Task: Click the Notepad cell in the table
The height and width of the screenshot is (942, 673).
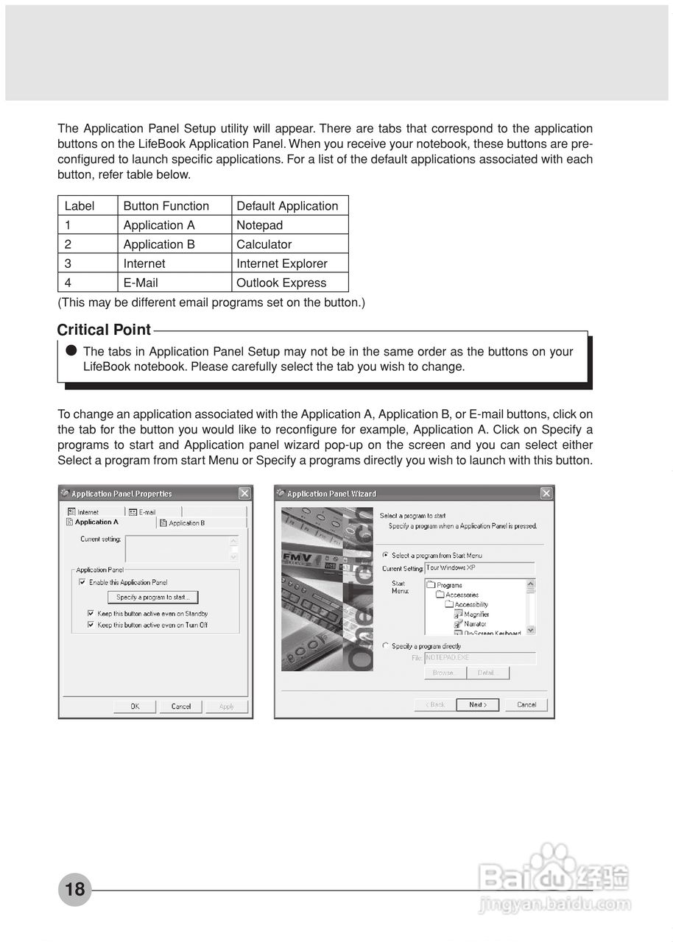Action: click(259, 225)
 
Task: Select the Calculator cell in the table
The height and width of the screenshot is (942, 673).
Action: click(264, 244)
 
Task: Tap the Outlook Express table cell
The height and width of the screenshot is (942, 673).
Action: click(281, 283)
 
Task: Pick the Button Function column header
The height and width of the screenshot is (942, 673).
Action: click(166, 206)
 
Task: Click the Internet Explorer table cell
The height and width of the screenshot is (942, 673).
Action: click(281, 263)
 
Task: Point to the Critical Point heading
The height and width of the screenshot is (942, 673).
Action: click(104, 330)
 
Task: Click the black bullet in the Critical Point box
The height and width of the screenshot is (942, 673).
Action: click(71, 351)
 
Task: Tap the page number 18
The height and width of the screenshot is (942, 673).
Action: click(75, 889)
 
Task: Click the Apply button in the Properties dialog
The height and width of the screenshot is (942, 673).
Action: click(227, 706)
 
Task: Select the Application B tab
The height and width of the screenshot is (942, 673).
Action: click(186, 523)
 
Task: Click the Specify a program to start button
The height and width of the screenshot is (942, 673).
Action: click(153, 598)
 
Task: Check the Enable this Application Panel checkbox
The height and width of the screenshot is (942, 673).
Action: click(82, 582)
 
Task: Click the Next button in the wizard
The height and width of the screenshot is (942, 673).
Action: click(477, 705)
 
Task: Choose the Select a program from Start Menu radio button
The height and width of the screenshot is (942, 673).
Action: click(385, 556)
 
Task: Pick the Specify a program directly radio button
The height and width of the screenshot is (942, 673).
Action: click(385, 646)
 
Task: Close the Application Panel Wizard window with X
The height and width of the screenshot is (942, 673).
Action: click(546, 493)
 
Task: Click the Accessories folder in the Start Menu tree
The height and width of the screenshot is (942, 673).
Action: click(461, 595)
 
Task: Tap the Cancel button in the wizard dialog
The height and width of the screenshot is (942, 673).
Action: click(526, 705)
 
